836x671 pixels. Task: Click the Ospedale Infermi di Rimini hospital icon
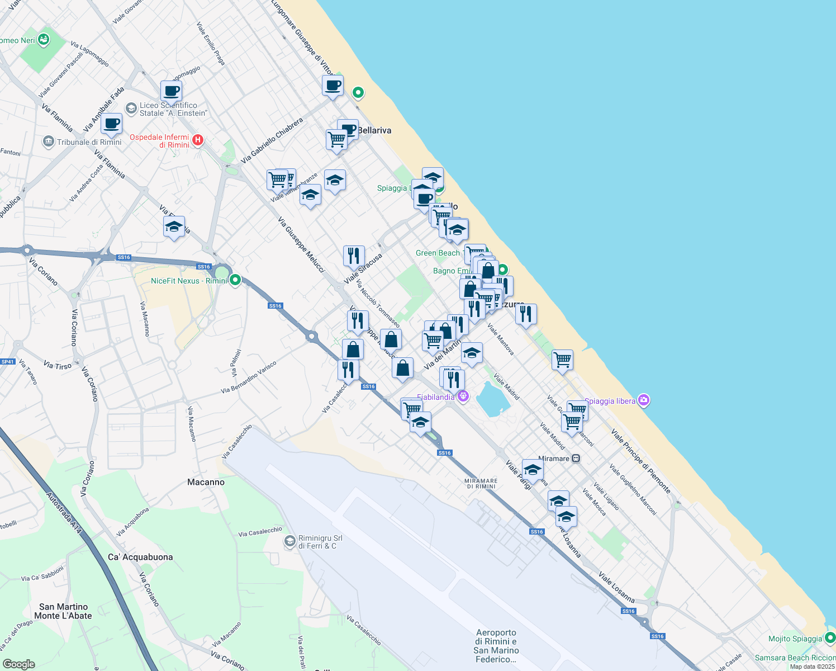point(197,140)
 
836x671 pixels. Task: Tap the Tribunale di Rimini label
point(89,142)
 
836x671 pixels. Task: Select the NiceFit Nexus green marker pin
point(235,280)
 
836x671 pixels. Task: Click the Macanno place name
point(206,482)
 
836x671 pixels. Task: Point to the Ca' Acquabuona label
point(140,557)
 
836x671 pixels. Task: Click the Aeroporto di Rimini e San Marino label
point(496,646)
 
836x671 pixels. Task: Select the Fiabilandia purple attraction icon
point(463,396)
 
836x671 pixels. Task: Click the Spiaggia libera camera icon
point(644,400)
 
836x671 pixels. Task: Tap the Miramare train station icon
point(576,459)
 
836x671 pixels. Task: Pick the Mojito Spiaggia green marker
point(830,637)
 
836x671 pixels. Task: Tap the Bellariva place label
point(374,130)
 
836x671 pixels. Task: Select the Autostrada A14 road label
point(65,513)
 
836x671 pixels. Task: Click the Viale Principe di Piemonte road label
point(640,461)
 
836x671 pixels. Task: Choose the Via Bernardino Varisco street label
point(249,377)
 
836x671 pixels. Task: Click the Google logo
point(18,664)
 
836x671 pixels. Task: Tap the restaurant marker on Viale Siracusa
point(354,256)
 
